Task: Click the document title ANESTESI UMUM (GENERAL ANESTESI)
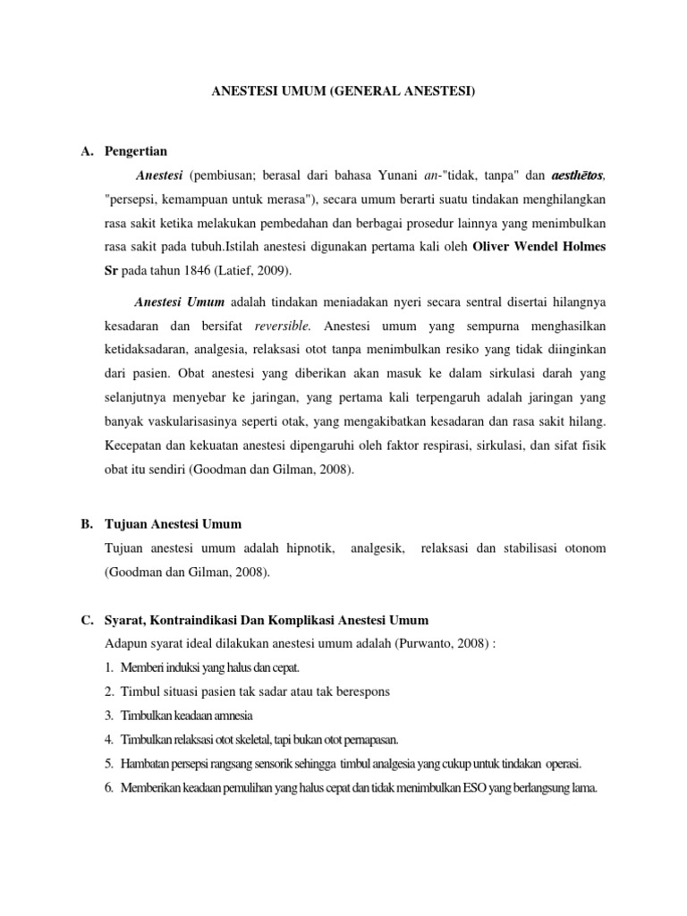click(343, 92)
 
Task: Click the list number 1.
click(107, 667)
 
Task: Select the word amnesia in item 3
click(230, 716)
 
